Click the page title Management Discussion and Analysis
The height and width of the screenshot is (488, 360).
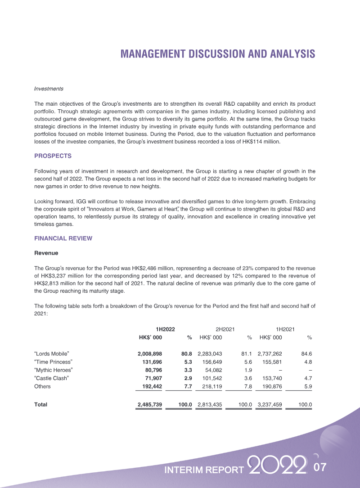[218, 54]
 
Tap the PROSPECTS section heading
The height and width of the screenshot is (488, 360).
[53, 156]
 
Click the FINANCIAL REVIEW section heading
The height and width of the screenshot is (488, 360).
[63, 238]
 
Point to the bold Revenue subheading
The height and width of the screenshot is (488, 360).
[46, 253]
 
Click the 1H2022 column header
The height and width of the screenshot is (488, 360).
[165, 330]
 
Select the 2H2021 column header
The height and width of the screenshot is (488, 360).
[225, 330]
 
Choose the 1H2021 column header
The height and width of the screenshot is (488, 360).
[286, 330]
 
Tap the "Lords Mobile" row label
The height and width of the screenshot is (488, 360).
[51, 354]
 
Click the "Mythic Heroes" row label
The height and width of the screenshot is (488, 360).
[54, 370]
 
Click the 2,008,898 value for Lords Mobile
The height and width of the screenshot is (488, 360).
[150, 354]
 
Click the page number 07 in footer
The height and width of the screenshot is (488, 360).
[319, 468]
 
